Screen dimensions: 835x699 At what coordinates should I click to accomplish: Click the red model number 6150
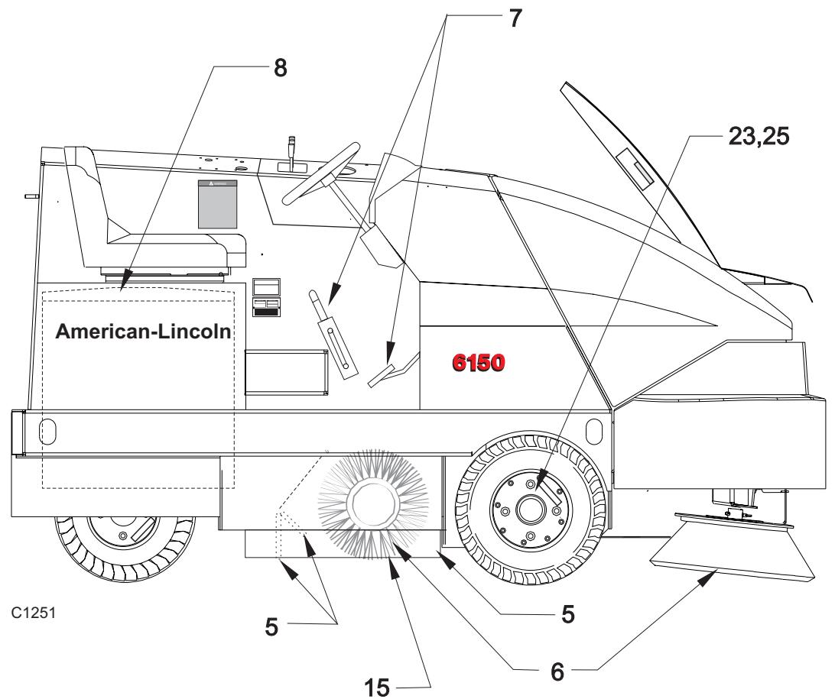click(478, 363)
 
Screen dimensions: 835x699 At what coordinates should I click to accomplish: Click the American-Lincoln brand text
click(143, 332)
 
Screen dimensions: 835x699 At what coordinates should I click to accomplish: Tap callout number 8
click(280, 68)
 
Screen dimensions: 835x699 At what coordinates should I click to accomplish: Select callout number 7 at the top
click(515, 18)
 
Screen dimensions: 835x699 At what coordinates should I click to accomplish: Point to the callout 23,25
click(759, 136)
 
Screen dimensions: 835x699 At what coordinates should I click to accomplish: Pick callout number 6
click(557, 671)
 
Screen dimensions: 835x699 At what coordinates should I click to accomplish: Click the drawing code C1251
click(33, 613)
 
